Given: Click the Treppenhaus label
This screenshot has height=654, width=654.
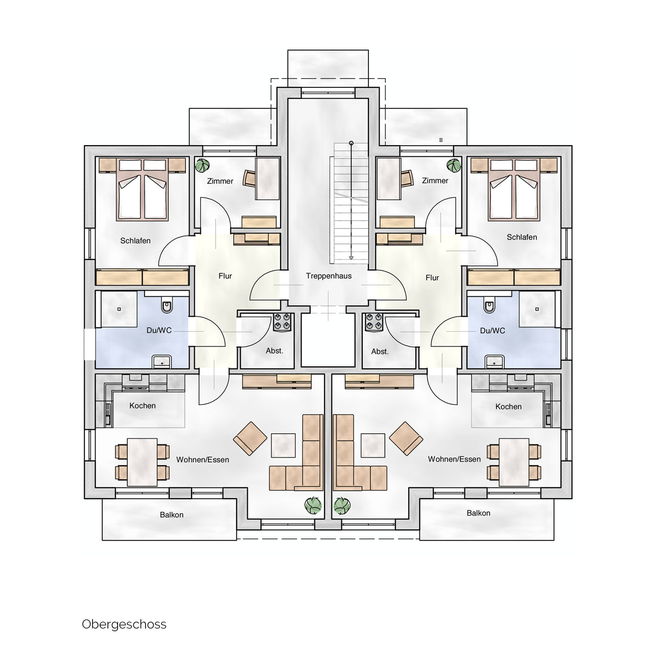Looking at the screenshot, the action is coord(329,276).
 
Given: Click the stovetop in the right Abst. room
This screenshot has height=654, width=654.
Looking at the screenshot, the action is coord(373,322).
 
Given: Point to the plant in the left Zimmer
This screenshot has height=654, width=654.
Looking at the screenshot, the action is coord(202,166).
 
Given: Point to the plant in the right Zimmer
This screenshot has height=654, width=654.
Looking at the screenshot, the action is coord(454,166).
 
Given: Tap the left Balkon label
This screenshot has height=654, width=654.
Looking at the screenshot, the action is coord(172,515).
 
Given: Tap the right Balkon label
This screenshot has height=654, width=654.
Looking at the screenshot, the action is coord(478,513).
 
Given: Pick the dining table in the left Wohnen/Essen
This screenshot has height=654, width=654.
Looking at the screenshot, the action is coord(142,462).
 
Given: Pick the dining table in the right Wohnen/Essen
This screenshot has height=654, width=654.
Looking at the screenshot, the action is coord(514,462).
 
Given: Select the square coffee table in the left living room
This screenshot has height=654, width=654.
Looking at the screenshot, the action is coord(284,445).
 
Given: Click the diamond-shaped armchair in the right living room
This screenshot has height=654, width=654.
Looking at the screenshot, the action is coord(406,438).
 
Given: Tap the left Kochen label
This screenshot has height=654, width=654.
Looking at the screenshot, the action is coord(143,406).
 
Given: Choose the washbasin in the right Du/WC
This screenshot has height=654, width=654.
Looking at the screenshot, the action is coord(493,362).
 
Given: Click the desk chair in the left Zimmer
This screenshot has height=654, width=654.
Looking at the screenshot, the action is coord(249,178).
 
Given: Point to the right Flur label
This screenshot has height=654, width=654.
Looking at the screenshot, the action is coord(432,278).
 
